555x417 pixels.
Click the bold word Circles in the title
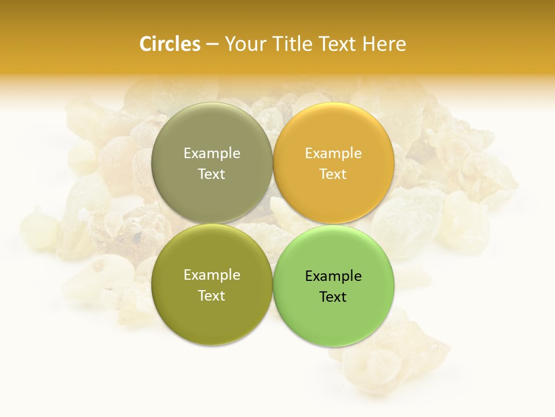click(x=170, y=44)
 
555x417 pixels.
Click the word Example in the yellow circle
click(x=333, y=153)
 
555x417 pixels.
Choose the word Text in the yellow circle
click(x=333, y=174)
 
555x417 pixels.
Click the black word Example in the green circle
click(x=333, y=276)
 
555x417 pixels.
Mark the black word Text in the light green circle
click(x=333, y=297)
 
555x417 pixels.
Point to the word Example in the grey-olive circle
click(x=212, y=153)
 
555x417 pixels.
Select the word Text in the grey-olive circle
click(x=212, y=174)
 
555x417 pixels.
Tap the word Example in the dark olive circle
click(x=212, y=275)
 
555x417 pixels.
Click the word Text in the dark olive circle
click(x=212, y=295)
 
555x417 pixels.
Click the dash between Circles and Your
click(x=212, y=45)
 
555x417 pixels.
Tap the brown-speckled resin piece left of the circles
click(x=124, y=232)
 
